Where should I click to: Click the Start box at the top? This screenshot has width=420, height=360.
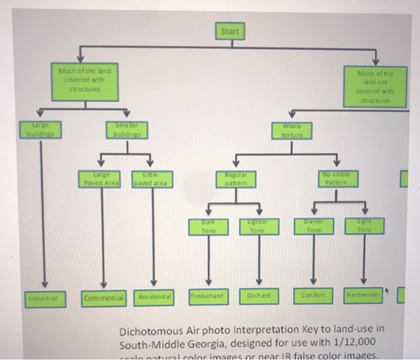point(230,31)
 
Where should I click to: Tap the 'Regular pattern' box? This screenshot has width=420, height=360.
point(235,178)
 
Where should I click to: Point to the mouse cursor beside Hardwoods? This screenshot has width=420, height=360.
point(386,292)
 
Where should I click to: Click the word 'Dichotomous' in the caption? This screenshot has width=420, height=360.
point(152,331)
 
